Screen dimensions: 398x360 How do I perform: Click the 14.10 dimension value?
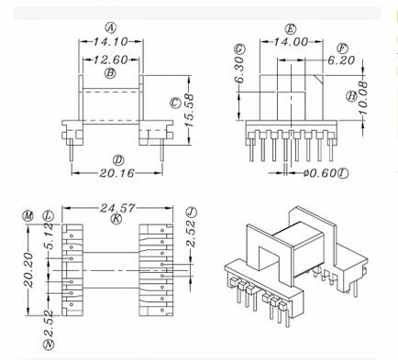point(110,41)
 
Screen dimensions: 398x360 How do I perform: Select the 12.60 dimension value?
point(110,60)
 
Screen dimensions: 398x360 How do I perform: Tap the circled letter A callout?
point(111,28)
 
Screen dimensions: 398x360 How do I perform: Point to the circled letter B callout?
point(110,73)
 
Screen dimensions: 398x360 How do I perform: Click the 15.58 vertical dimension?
point(190,110)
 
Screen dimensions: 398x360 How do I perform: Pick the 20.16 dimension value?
point(116,173)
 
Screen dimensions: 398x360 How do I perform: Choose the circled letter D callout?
point(118,160)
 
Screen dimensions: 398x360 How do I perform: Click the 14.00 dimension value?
point(291,42)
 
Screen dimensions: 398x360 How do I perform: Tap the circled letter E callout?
point(291,29)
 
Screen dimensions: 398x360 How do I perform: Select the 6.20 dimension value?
point(341,60)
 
